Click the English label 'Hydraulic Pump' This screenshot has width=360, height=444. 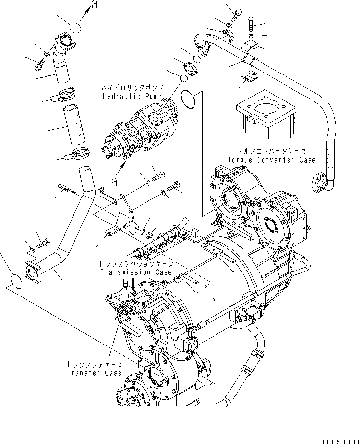[x=132, y=96]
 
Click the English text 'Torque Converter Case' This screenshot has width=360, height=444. [x=271, y=160]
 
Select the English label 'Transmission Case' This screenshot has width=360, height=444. [x=136, y=272]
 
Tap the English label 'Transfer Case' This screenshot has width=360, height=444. [x=94, y=373]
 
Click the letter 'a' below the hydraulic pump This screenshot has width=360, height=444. [x=114, y=181]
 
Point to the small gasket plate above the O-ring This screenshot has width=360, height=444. [x=192, y=69]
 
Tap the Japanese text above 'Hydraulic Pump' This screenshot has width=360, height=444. [x=131, y=88]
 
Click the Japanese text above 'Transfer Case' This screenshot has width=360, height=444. [x=95, y=365]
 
